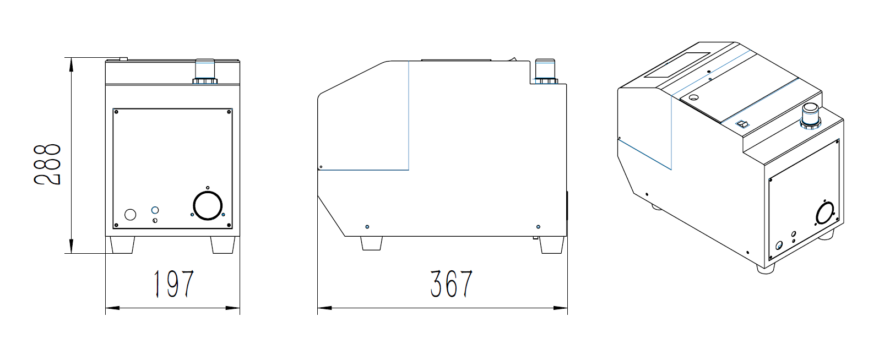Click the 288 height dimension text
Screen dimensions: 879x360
pos(47,165)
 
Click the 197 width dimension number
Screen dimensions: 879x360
pos(173,283)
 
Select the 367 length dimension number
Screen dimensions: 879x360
pos(451,283)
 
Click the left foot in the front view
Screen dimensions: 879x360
pos(122,245)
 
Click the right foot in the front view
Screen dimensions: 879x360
pos(223,245)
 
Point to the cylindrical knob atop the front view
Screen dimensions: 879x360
pos(205,71)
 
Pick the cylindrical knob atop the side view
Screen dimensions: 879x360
pos(545,71)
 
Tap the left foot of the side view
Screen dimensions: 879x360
pos(371,243)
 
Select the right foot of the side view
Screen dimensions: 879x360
pos(552,245)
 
